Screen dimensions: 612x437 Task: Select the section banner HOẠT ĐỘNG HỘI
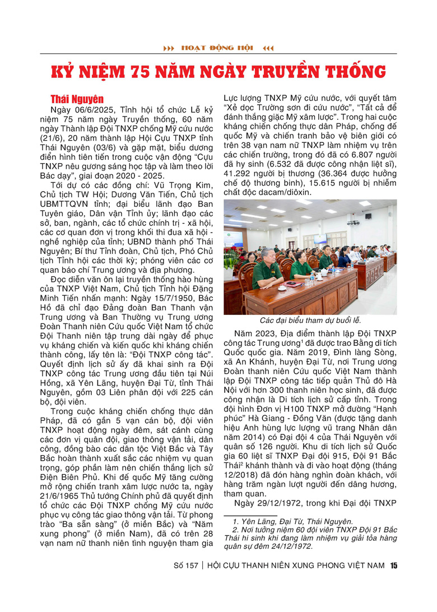click(x=218, y=48)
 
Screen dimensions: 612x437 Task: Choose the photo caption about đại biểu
click(x=310, y=321)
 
